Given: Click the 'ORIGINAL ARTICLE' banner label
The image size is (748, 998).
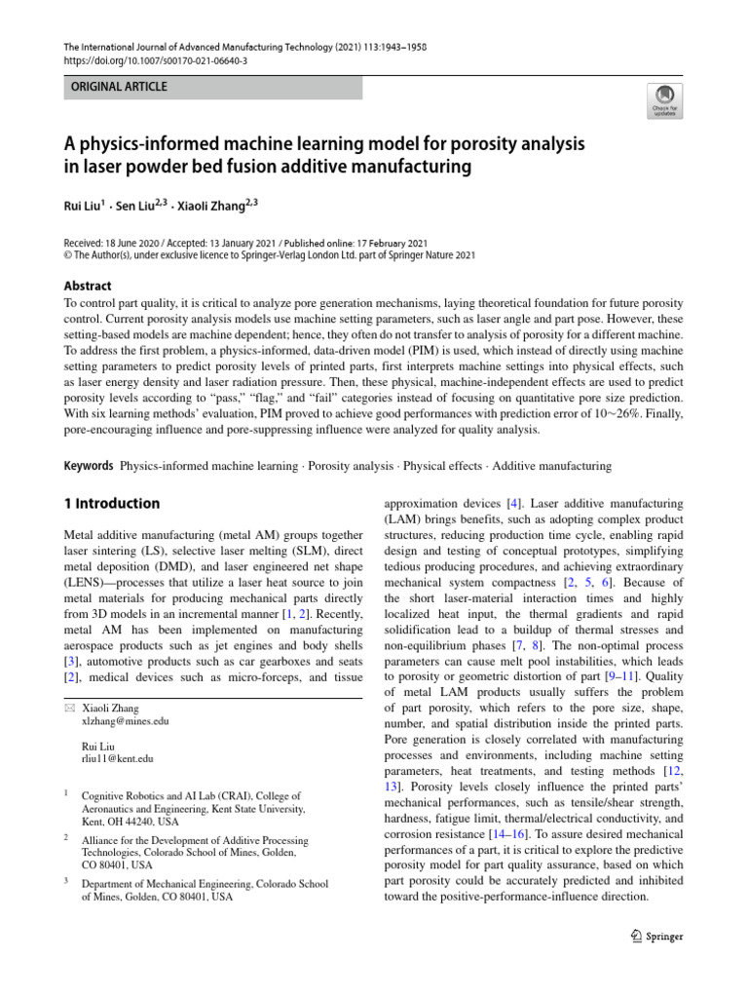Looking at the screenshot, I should click(x=117, y=87).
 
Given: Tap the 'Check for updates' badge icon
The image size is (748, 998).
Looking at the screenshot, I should click(x=664, y=98).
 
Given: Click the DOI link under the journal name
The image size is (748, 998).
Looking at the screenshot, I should click(x=155, y=60).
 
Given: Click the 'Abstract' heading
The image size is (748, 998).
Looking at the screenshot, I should click(x=87, y=286).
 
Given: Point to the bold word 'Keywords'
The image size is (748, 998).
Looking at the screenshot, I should click(x=88, y=467).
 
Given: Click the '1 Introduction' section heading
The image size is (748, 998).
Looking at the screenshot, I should click(x=111, y=504).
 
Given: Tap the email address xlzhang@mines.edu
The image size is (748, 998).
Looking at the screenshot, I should click(x=126, y=721).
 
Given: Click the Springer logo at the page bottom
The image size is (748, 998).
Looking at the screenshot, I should click(x=652, y=937).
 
